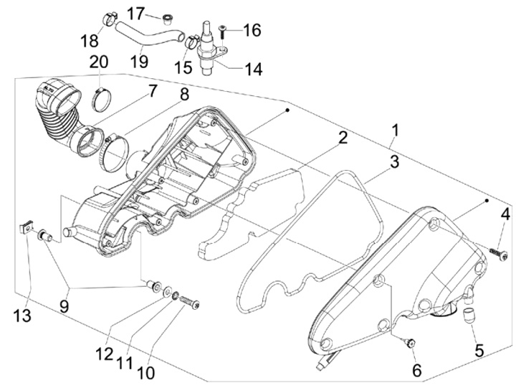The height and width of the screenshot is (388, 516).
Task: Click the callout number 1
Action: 395,131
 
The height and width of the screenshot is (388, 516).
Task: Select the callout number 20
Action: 99,62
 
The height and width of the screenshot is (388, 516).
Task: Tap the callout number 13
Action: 22,316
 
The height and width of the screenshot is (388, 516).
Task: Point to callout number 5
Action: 479,351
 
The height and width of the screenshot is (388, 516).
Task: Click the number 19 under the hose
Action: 140,61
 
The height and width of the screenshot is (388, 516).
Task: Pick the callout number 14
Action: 254,69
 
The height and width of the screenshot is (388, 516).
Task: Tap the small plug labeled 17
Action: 168,19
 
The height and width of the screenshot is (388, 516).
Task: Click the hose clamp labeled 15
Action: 191,41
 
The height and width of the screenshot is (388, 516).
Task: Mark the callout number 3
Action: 394,162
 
